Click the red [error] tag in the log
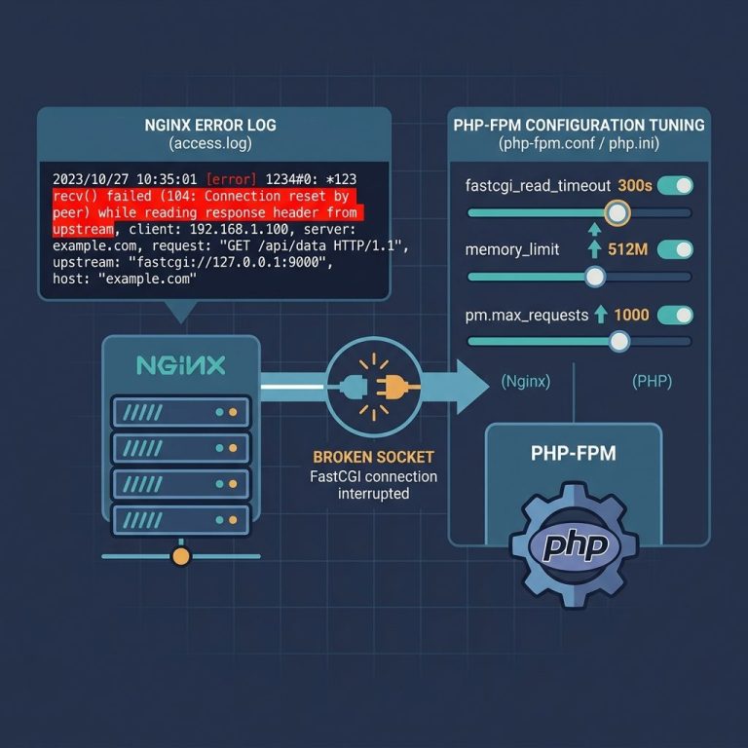[x=232, y=179]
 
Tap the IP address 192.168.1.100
[x=239, y=230]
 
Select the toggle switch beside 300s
[x=675, y=185]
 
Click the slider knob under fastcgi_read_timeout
[x=617, y=212]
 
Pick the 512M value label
[x=628, y=249]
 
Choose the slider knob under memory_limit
[x=595, y=277]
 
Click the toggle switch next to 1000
[x=675, y=315]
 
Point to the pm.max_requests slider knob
[x=619, y=341]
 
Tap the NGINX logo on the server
[x=181, y=365]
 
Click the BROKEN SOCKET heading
[x=374, y=457]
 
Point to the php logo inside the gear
[x=575, y=545]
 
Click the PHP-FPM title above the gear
[x=574, y=453]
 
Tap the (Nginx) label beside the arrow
[x=526, y=382]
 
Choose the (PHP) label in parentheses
[x=653, y=382]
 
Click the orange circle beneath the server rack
[x=181, y=556]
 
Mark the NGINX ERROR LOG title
[x=210, y=125]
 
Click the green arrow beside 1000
[x=601, y=315]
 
